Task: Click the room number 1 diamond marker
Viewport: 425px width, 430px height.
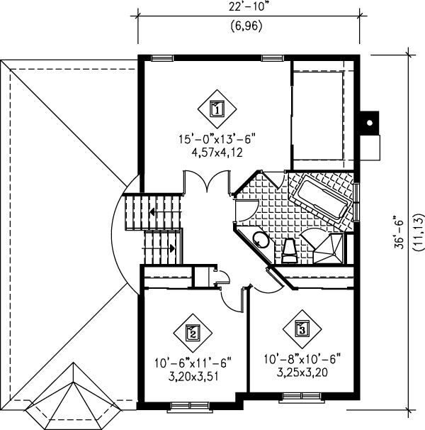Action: click(x=217, y=109)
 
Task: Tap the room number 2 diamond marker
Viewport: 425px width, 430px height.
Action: click(x=191, y=331)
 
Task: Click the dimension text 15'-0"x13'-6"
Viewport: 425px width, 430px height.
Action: click(x=217, y=140)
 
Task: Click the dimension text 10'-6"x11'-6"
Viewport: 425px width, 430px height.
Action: click(x=193, y=363)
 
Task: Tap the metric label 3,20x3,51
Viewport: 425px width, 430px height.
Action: click(x=193, y=377)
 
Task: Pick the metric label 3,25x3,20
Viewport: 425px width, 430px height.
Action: click(x=302, y=371)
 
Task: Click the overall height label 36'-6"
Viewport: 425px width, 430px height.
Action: click(x=402, y=231)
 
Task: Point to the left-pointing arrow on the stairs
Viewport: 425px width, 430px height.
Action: click(x=152, y=211)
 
